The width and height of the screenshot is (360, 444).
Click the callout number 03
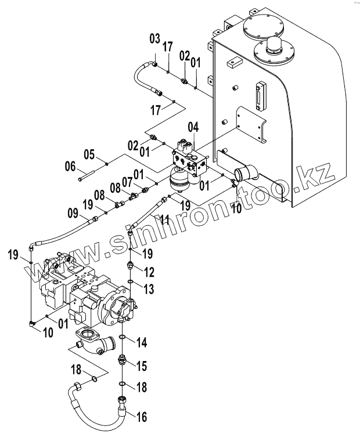click(155, 39)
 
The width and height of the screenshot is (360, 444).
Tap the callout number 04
click(194, 128)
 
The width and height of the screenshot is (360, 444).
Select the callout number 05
click(89, 155)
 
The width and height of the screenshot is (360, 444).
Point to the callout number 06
click(70, 167)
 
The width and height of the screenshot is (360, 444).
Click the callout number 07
click(128, 182)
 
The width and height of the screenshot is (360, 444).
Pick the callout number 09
click(73, 213)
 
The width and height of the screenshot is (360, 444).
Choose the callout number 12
click(149, 272)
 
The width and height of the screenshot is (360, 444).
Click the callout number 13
click(149, 288)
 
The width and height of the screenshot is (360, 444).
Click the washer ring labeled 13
click(130, 281)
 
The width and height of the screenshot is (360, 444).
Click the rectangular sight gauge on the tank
click(260, 97)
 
